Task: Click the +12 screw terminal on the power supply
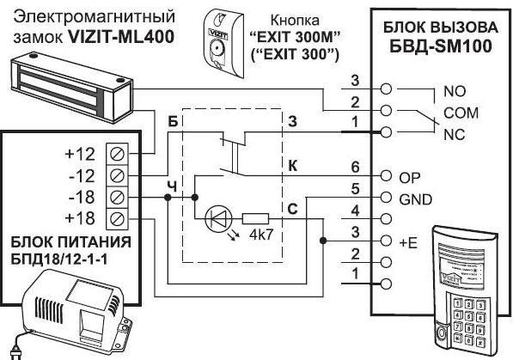pos(118,154)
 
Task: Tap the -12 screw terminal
pos(118,176)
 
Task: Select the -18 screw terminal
pos(118,198)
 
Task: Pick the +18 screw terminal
pos(118,218)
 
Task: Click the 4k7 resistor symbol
pos(255,218)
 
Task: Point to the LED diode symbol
pos(218,218)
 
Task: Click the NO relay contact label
pos(455,91)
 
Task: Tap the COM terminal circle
pos(386,110)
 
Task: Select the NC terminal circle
pos(386,132)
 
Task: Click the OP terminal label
pos(410,178)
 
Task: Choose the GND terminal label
pos(416,199)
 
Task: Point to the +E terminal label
pos(408,243)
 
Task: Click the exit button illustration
pos(223,43)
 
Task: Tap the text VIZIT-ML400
pos(120,37)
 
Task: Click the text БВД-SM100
pos(441,46)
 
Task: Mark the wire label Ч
pos(172,187)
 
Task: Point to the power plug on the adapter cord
pos(15,355)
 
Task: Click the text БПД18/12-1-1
pos(59,260)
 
